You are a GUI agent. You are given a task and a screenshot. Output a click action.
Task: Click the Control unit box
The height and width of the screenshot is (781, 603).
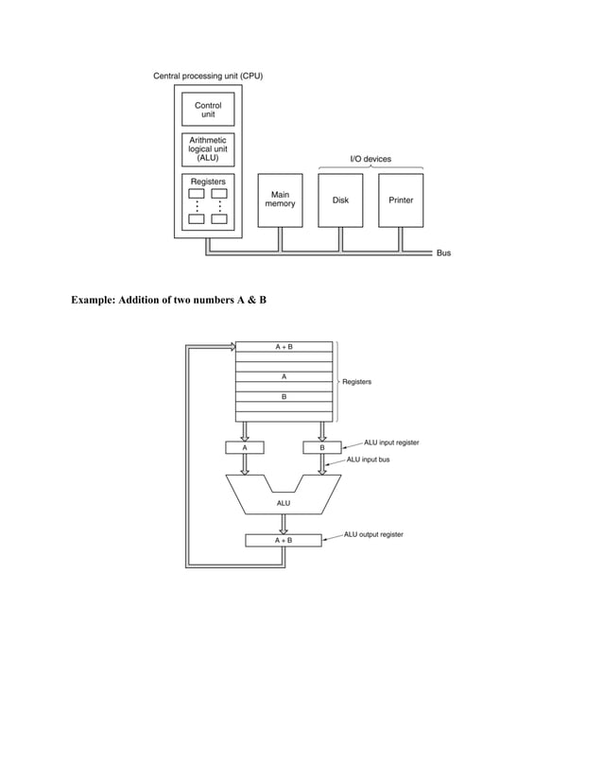208,110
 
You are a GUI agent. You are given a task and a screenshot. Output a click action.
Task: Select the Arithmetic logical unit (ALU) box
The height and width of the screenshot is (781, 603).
208,149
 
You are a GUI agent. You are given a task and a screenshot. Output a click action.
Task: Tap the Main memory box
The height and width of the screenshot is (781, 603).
280,200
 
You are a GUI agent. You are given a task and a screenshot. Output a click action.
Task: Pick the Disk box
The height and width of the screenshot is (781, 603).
340,200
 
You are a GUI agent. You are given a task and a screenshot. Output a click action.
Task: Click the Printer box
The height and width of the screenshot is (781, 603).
401,200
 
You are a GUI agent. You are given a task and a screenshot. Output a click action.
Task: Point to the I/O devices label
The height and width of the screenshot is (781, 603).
370,160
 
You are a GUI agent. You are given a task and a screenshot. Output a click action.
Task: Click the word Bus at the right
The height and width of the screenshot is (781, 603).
443,253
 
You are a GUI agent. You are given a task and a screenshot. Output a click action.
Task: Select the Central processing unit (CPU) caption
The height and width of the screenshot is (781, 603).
209,76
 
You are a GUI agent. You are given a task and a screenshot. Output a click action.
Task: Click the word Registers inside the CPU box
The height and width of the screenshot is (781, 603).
208,180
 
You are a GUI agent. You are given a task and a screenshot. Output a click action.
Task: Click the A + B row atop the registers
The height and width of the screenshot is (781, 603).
284,347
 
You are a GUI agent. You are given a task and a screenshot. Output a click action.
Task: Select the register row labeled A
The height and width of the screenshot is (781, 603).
284,376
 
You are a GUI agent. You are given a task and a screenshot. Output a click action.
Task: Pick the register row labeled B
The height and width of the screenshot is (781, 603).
284,397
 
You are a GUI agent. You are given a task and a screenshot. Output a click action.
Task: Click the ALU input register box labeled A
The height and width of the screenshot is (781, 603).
245,447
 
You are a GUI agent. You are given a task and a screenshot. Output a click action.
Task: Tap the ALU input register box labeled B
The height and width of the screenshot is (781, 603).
322,447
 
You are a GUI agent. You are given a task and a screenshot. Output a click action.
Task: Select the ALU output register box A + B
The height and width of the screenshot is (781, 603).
284,540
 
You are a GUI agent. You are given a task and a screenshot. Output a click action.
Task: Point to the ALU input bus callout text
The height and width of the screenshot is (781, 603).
369,460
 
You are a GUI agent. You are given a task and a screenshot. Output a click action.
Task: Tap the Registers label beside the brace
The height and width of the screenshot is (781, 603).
356,382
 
